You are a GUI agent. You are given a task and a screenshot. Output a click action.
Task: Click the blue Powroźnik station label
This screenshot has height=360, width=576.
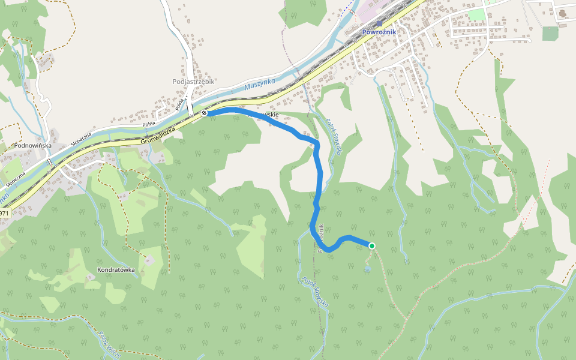379,32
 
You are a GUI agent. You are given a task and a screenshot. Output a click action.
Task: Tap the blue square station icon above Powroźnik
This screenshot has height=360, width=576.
379,24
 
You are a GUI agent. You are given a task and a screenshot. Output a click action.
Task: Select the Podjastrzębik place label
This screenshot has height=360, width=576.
193,82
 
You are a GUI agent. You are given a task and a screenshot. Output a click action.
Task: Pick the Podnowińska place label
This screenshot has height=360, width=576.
32,145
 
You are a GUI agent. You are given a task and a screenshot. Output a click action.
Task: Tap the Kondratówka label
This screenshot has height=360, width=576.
116,270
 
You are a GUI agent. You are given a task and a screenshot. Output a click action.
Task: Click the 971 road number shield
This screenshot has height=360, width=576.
4,213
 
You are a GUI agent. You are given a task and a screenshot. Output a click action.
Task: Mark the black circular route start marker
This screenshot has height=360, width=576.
205,113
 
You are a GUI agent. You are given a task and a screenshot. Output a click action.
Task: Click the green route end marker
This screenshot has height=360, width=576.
372,245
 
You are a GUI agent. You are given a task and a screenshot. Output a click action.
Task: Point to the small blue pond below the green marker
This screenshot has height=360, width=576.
367,270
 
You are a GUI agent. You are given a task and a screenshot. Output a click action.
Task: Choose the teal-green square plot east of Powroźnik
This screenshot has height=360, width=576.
550,34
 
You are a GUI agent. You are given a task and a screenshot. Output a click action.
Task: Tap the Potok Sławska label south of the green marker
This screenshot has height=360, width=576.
315,292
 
